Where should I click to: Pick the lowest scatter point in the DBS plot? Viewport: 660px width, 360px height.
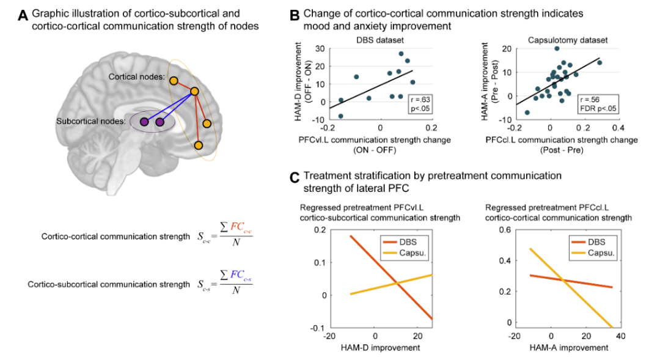point(340,116)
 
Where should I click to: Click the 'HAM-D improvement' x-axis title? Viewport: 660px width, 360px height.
point(381,348)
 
